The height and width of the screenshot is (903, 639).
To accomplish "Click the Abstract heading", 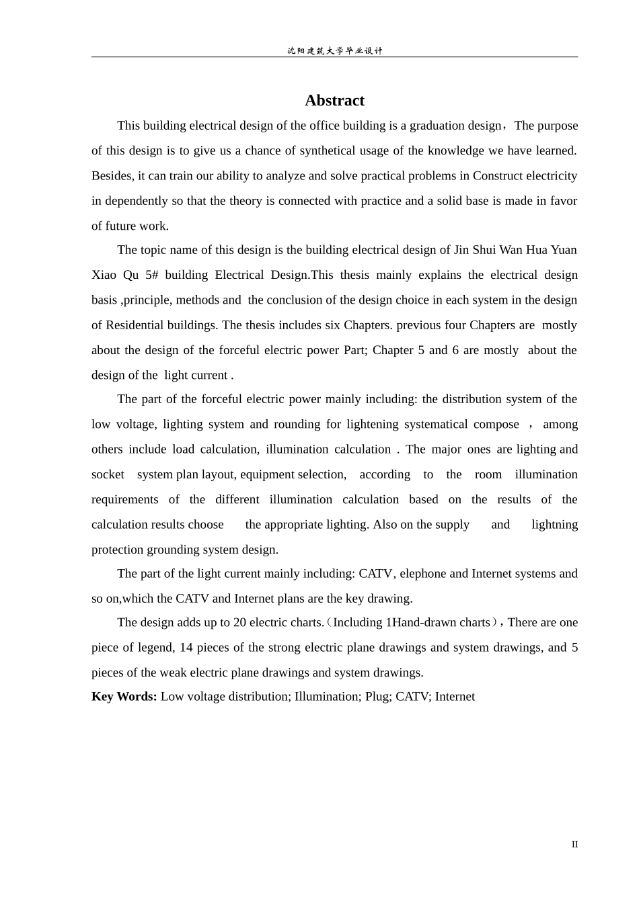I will click(334, 101).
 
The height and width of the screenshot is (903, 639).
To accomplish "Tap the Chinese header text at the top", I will click(334, 51).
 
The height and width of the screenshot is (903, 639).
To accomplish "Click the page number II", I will click(574, 845).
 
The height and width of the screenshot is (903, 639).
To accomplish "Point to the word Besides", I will click(112, 176).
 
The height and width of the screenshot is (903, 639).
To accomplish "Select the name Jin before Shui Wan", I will click(461, 250).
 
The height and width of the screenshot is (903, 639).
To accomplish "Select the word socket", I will click(108, 474).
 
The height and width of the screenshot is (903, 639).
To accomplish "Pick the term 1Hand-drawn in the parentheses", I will click(418, 623).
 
